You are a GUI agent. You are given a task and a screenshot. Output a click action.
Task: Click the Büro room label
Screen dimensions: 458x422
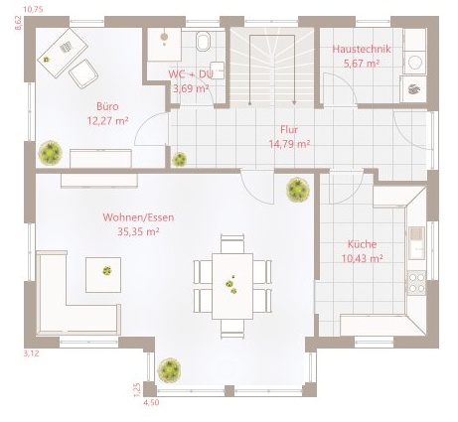pyautogui.click(x=107, y=106)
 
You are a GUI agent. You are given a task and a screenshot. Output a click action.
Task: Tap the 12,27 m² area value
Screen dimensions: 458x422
pyautogui.click(x=107, y=121)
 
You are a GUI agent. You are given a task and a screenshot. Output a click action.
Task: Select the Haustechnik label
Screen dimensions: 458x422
pyautogui.click(x=362, y=49)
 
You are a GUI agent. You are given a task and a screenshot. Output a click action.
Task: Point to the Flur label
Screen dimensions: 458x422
pyautogui.click(x=289, y=129)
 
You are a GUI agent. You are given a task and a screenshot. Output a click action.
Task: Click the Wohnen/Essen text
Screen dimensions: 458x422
pyautogui.click(x=138, y=217)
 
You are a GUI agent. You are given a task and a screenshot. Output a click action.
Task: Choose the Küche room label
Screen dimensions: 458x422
pyautogui.click(x=362, y=244)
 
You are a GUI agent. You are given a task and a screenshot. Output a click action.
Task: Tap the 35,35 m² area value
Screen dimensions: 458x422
pyautogui.click(x=138, y=231)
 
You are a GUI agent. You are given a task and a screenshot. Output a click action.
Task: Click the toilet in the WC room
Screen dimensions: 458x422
pyautogui.click(x=203, y=41)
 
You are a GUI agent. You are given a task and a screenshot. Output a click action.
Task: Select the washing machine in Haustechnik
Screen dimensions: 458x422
pyautogui.click(x=414, y=62)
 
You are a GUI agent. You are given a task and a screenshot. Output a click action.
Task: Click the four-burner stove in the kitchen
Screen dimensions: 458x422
pyautogui.click(x=416, y=283)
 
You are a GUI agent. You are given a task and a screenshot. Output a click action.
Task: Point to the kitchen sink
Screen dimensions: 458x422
pyautogui.click(x=416, y=243)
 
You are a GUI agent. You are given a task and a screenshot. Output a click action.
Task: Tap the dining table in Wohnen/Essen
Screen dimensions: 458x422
pyautogui.click(x=232, y=286)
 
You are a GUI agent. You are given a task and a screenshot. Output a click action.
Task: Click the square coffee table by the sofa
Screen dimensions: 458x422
pyautogui.click(x=103, y=275)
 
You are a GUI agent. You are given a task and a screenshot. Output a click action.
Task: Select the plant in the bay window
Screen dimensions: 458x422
pyautogui.click(x=169, y=370)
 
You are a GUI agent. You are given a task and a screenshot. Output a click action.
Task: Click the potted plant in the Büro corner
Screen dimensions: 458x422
pyautogui.click(x=51, y=153)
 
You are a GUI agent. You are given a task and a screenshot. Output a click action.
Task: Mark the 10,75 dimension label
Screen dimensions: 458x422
pyautogui.click(x=33, y=9)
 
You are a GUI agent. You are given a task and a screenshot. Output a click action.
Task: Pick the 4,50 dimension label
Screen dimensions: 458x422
pyautogui.click(x=151, y=402)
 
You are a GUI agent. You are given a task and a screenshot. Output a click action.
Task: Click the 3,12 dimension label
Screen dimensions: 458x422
pyautogui.click(x=31, y=353)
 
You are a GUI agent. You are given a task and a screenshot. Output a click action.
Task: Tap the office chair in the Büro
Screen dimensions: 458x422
pyautogui.click(x=83, y=73)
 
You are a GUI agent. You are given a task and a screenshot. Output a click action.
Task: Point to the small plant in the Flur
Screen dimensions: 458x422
pyautogui.click(x=179, y=159)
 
